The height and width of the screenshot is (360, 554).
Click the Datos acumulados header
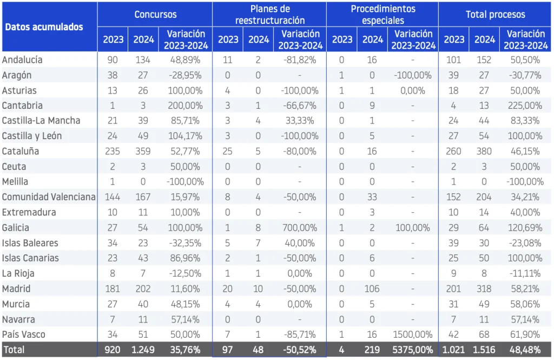pyautogui.click(x=44, y=27)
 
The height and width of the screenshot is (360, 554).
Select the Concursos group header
pyautogui.click(x=155, y=15)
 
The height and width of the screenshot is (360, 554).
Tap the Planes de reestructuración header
pyautogui.click(x=270, y=15)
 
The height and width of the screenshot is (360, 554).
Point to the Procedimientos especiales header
pyautogui.click(x=383, y=15)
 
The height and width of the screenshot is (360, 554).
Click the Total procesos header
pyautogui.click(x=496, y=15)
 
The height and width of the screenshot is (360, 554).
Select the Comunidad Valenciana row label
pyautogui.click(x=49, y=197)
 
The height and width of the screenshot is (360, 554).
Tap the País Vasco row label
pyautogui.click(x=24, y=335)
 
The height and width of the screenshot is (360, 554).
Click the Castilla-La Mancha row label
pyautogui.click(x=41, y=121)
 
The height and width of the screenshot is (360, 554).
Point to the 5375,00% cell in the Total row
pyautogui.click(x=413, y=350)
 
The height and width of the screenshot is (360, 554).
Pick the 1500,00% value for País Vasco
pyautogui.click(x=413, y=335)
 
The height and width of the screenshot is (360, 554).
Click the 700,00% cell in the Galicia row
pyautogui.click(x=300, y=228)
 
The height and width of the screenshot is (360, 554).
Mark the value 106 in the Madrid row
pyautogui.click(x=372, y=289)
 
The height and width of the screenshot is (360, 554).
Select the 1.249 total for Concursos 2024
pyautogui.click(x=143, y=350)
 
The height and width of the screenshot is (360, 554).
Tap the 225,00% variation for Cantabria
pyautogui.click(x=525, y=106)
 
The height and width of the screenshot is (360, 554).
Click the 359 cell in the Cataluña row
pyautogui.click(x=143, y=152)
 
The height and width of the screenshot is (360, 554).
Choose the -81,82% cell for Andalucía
pyautogui.click(x=300, y=60)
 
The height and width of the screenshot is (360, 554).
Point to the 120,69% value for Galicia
pyautogui.click(x=525, y=228)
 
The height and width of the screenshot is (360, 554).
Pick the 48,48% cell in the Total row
pyautogui.click(x=525, y=350)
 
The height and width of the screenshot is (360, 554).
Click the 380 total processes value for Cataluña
pyautogui.click(x=484, y=152)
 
